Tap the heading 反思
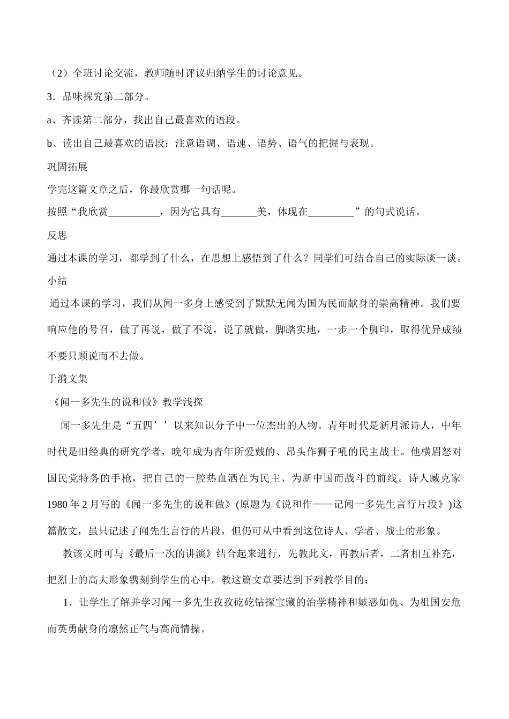click(x=57, y=235)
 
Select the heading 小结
click(x=57, y=280)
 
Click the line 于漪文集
click(x=67, y=378)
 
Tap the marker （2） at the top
click(x=58, y=73)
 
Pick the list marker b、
click(x=54, y=143)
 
